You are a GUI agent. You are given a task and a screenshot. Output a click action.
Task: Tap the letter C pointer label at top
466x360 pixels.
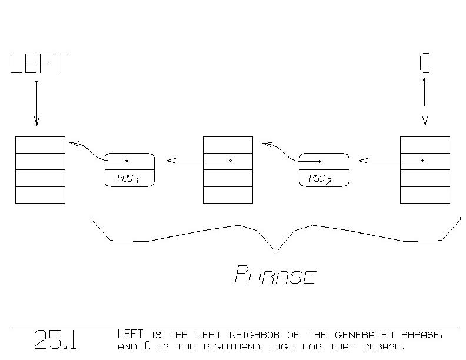[x=425, y=63]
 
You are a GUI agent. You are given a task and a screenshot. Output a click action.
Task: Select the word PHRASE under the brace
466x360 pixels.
[x=275, y=275]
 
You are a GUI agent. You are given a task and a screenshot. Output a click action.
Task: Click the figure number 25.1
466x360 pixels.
[x=55, y=340]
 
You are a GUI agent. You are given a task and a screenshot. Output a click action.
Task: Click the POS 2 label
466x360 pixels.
[x=320, y=179]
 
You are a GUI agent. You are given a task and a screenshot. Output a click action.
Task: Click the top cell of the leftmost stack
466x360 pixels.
[x=40, y=145]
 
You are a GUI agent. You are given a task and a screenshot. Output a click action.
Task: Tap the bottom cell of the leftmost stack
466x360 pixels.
[x=40, y=195]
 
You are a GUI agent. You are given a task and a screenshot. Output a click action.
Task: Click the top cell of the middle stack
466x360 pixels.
[x=228, y=145]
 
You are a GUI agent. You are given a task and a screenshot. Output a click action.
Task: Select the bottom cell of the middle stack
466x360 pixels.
[x=228, y=195]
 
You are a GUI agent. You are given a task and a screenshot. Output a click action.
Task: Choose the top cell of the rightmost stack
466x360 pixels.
[x=425, y=145]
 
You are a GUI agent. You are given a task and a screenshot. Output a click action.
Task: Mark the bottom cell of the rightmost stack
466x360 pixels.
[x=425, y=195]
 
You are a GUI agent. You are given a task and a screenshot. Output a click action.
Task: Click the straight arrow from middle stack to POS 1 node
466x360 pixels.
[x=198, y=160]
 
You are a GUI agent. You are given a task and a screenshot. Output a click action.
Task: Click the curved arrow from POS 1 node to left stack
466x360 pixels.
[x=94, y=150]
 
